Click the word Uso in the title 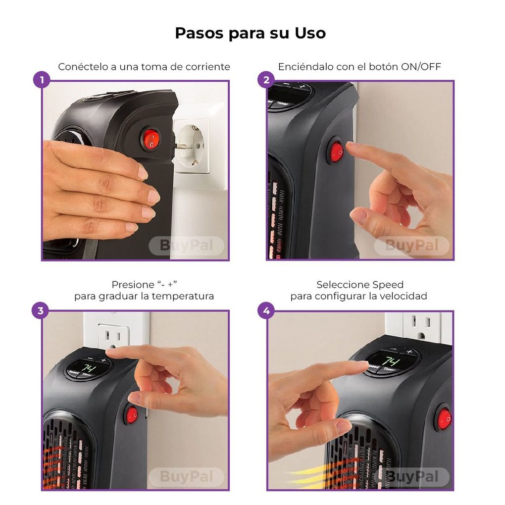pos(310,33)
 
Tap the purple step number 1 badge pos(41,80)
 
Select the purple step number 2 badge pos(266,80)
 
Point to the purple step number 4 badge pos(266,310)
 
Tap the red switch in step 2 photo pos(336,151)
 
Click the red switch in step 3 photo pos(132,416)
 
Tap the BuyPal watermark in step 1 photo pos(186,246)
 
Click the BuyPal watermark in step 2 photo pos(411,246)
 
